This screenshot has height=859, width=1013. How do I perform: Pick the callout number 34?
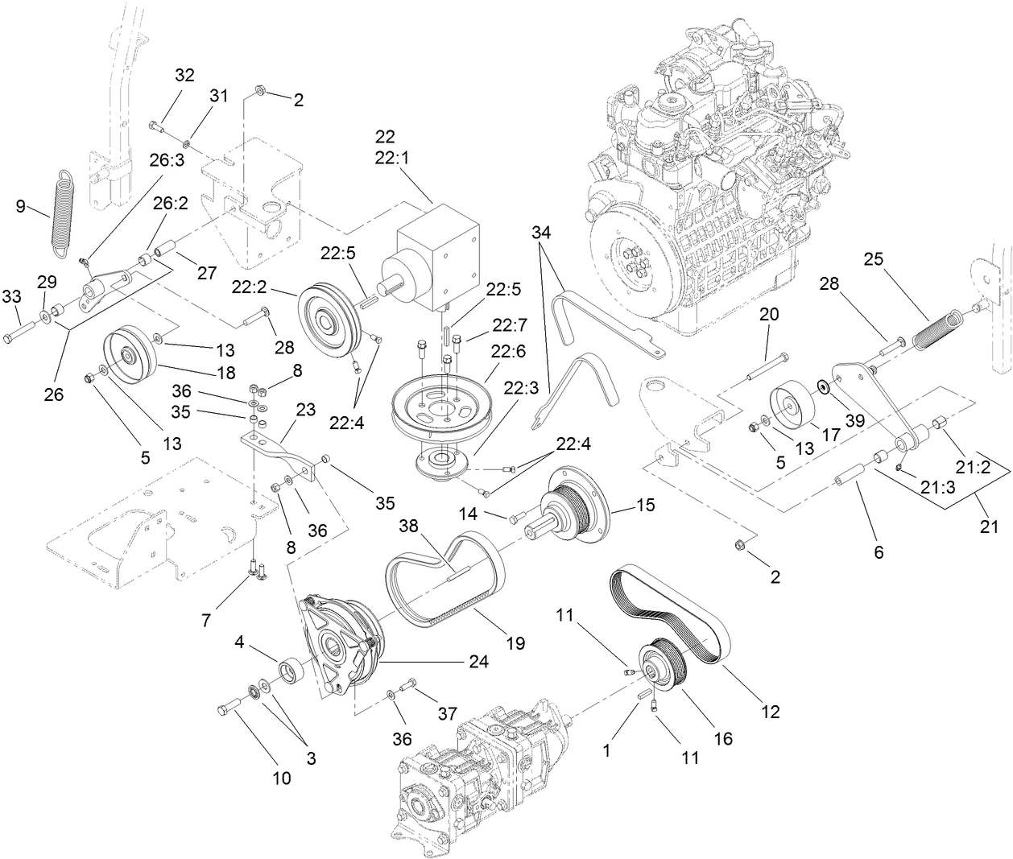click(x=543, y=233)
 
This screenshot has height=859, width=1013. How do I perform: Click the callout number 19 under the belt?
click(x=515, y=643)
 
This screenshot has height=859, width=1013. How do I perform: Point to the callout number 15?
click(x=645, y=505)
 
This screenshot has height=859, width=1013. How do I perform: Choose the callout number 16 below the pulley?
click(x=724, y=737)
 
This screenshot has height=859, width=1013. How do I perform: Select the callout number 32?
click(x=184, y=76)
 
